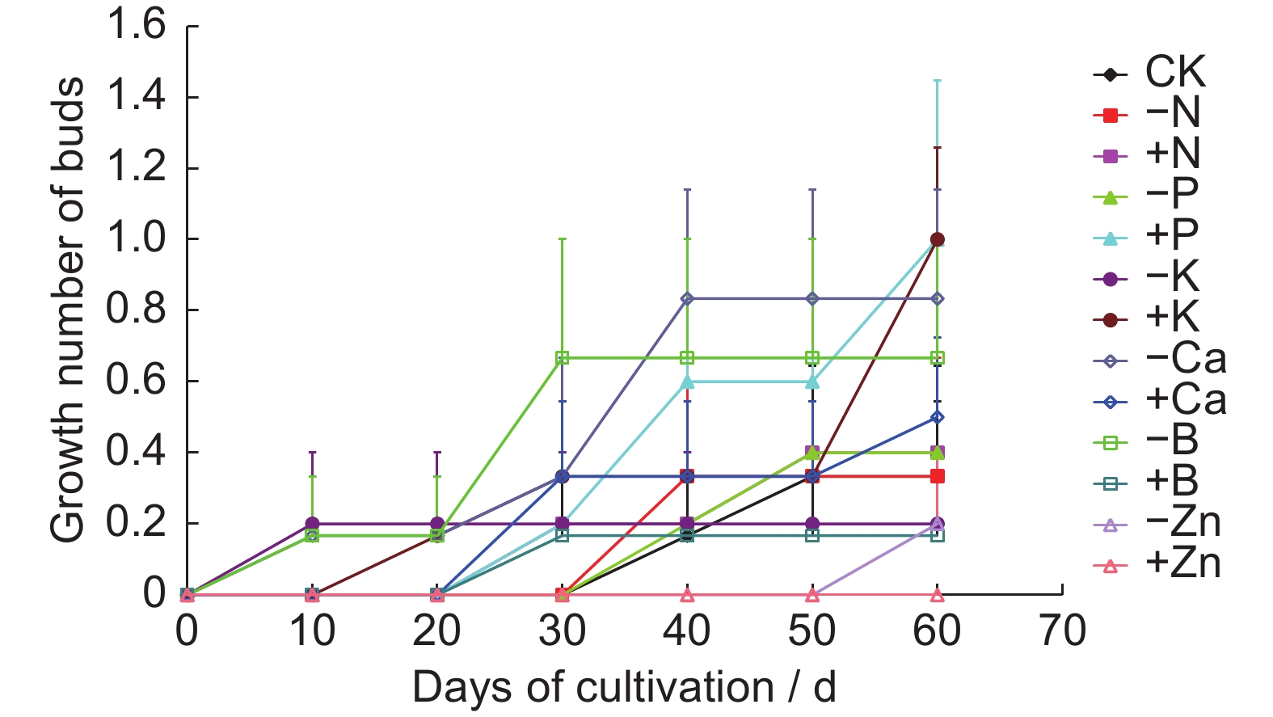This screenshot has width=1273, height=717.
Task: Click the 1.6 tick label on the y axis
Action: click(x=136, y=25)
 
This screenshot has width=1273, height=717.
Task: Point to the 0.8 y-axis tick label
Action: click(x=136, y=310)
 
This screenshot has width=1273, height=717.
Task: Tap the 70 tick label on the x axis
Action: click(x=1062, y=631)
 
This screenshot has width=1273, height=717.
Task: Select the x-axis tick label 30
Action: click(x=562, y=631)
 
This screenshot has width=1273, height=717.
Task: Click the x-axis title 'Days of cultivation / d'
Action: click(x=624, y=688)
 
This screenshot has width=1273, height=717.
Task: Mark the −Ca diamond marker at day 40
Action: click(x=687, y=299)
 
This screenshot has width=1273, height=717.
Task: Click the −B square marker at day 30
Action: click(x=563, y=358)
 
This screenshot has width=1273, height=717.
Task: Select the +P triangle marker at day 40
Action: click(x=687, y=381)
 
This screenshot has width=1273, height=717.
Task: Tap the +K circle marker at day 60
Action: click(x=938, y=239)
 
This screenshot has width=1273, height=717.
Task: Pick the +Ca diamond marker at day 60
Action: click(x=938, y=417)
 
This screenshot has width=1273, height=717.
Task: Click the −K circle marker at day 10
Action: click(x=312, y=524)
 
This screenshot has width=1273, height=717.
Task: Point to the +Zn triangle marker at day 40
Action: click(x=687, y=595)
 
